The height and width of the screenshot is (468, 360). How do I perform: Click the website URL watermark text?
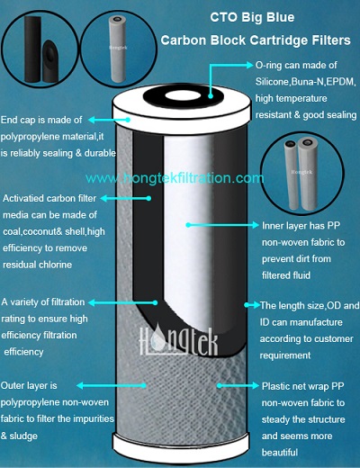[x=175, y=178]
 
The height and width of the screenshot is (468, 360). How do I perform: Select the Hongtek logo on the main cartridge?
[x=179, y=341]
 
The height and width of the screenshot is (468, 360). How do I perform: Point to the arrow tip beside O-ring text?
[x=251, y=65]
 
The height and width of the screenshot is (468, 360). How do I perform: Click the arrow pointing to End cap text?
[x=109, y=120]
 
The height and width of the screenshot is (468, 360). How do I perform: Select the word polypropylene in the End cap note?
[x=30, y=137]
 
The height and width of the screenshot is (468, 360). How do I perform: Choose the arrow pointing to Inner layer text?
[x=222, y=225]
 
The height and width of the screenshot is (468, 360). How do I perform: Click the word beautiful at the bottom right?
[x=280, y=453]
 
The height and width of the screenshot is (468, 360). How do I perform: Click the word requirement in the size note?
[x=285, y=355]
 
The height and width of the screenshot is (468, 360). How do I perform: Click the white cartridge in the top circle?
[x=119, y=49]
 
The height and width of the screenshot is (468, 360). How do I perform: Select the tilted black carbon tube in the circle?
[x=51, y=61]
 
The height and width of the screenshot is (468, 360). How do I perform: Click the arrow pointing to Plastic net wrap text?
[x=238, y=385]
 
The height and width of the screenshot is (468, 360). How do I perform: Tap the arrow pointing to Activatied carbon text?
[x=126, y=198]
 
